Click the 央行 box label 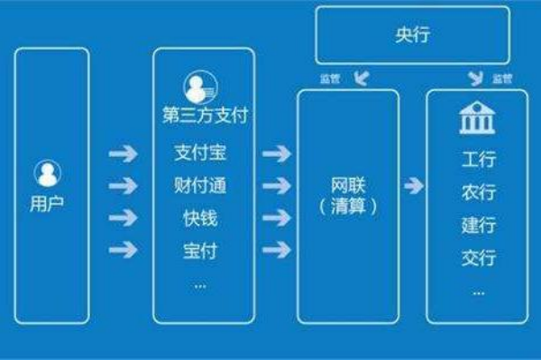coord(413,36)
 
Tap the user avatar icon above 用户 coord(48,172)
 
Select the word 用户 coord(48,203)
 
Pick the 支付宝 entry coord(199,154)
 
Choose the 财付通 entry coord(199,187)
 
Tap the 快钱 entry coord(199,219)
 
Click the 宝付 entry coord(199,250)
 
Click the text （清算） coord(347,207)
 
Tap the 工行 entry coord(478,161)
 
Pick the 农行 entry coord(478,193)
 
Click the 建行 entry coord(478,226)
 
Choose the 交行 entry coord(478,258)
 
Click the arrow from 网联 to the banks coord(414,187)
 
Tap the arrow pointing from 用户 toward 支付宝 coord(123,154)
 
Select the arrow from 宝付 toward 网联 coord(276,250)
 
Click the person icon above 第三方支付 coord(199,87)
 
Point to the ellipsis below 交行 coord(478,291)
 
